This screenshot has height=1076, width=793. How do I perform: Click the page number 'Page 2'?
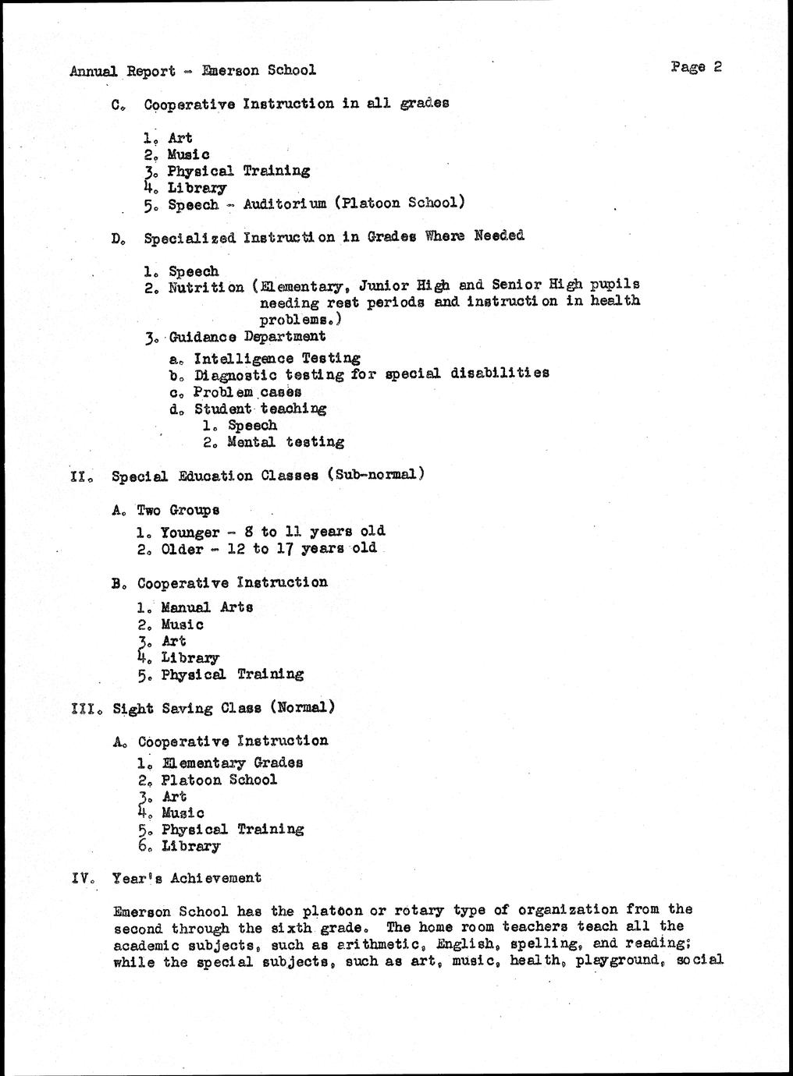pyautogui.click(x=695, y=67)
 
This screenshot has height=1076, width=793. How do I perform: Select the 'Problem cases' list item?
pyautogui.click(x=247, y=391)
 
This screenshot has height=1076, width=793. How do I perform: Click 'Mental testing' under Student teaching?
pyautogui.click(x=286, y=442)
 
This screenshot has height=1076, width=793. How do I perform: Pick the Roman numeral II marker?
pyautogui.click(x=80, y=476)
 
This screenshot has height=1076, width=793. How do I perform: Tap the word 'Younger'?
pyautogui.click(x=190, y=533)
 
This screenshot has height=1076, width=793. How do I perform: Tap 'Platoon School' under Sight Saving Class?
pyautogui.click(x=219, y=780)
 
